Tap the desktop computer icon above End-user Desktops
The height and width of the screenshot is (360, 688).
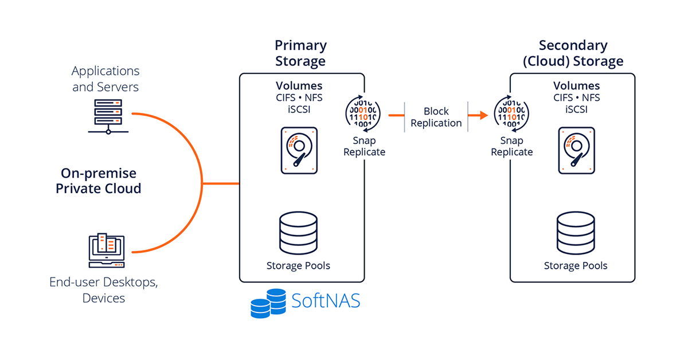[106, 251]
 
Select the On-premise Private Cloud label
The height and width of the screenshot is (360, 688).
[98, 181]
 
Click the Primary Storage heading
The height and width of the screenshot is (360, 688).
[300, 53]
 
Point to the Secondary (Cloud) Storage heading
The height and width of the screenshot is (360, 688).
[573, 53]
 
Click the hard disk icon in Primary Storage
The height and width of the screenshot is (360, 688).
[299, 150]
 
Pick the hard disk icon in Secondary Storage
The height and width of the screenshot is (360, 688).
[576, 150]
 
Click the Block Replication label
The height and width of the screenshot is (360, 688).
[436, 117]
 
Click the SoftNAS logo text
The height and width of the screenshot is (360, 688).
[326, 300]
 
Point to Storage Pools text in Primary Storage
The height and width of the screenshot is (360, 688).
[298, 265]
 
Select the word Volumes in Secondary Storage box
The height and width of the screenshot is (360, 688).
[576, 86]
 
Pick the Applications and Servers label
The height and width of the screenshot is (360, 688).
[105, 79]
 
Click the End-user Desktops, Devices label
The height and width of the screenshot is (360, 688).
[103, 289]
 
